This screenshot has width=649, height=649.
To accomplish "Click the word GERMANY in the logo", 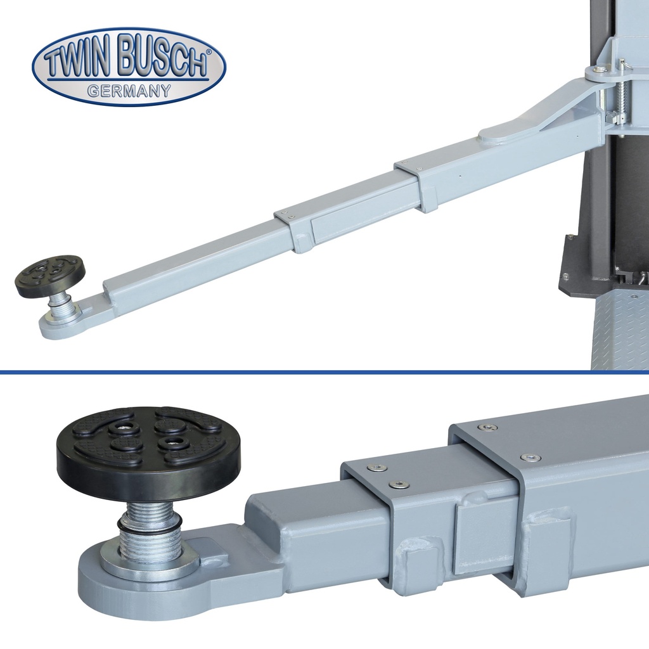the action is coord(129,90).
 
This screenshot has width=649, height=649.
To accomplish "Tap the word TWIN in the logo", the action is coord(78,62).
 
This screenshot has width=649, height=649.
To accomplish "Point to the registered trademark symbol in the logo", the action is coord(208,52).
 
